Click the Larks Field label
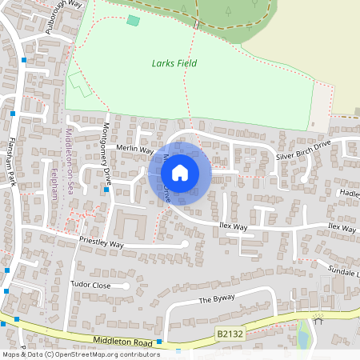(174, 63)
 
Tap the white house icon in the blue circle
(180, 171)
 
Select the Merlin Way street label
(134, 149)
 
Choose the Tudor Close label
(90, 285)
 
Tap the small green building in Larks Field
(133, 20)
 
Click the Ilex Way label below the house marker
(233, 226)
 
